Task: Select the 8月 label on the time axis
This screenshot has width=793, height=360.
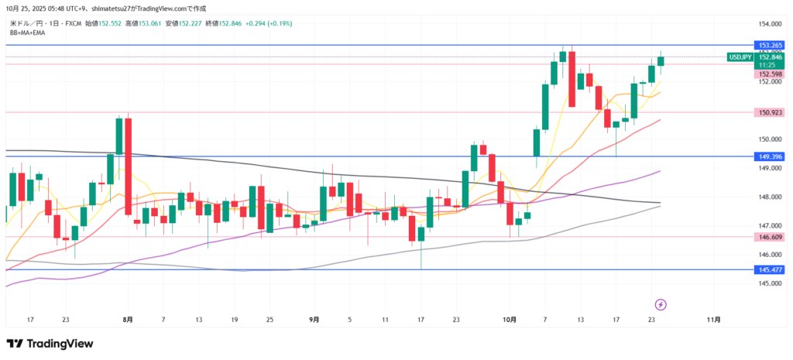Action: [x=127, y=319]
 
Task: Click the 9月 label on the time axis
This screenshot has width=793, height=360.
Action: [x=314, y=319]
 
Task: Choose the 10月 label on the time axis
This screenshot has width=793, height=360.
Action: [x=508, y=319]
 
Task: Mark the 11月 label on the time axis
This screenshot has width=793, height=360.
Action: [x=715, y=319]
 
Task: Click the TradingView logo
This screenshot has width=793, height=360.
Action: [x=50, y=344]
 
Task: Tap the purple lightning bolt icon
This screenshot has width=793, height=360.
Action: [x=661, y=303]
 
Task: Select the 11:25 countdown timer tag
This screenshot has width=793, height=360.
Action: [x=767, y=65]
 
